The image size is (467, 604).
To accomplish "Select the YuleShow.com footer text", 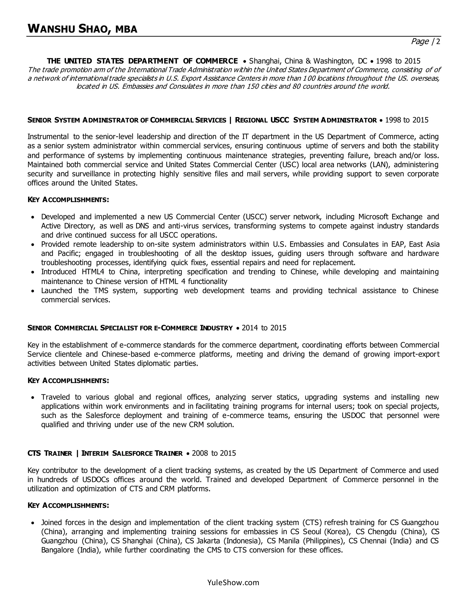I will [233, 582].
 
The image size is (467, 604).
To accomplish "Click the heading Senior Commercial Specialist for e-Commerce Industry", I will [130, 328].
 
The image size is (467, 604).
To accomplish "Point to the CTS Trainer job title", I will [50, 453].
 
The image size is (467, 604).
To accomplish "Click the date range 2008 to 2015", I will [214, 453].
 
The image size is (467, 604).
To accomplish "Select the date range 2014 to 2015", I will [264, 328].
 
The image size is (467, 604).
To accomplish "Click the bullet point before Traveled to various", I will [33, 398].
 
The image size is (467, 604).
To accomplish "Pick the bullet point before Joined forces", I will [33, 523].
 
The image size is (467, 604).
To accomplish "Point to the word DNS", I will [142, 226].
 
